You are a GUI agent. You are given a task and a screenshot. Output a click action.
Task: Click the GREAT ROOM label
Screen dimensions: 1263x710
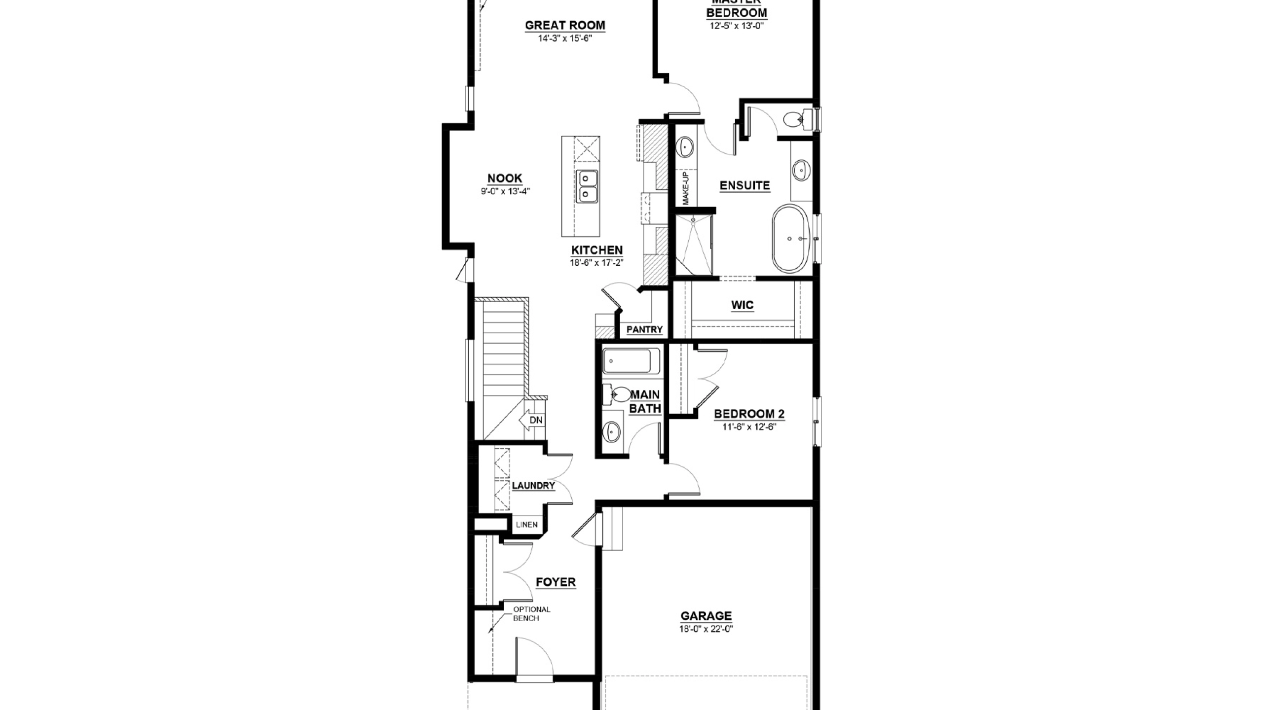[x=565, y=25]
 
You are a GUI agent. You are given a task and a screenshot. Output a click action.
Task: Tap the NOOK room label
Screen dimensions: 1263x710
[x=505, y=178]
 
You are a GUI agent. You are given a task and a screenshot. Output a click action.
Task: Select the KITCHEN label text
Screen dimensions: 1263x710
[x=597, y=250]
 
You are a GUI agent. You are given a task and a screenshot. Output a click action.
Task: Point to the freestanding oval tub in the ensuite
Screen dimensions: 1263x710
[x=791, y=239]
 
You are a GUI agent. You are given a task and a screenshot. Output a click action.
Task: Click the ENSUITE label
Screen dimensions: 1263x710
[x=744, y=185]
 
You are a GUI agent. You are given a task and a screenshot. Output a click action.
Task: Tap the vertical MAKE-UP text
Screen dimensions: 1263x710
[x=686, y=188]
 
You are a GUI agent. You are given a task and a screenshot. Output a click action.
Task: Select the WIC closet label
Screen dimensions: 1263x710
[x=742, y=305]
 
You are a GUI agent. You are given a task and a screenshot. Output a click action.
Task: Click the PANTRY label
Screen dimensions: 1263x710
[x=644, y=329]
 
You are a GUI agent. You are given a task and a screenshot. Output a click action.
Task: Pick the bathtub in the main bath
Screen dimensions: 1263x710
[x=631, y=361]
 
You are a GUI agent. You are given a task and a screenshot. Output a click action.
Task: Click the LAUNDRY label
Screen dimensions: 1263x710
[x=533, y=486]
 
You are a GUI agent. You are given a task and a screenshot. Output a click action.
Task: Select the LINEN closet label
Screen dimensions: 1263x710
[x=527, y=525]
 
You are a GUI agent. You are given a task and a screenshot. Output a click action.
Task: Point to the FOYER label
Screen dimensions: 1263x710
[x=556, y=582]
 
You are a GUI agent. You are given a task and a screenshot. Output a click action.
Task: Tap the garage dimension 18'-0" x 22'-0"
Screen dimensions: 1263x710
[x=706, y=629]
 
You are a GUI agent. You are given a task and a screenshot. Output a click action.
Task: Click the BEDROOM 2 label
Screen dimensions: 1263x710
[x=749, y=414]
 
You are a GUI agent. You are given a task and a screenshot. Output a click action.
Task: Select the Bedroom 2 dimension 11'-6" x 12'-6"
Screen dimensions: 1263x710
[x=749, y=427]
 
